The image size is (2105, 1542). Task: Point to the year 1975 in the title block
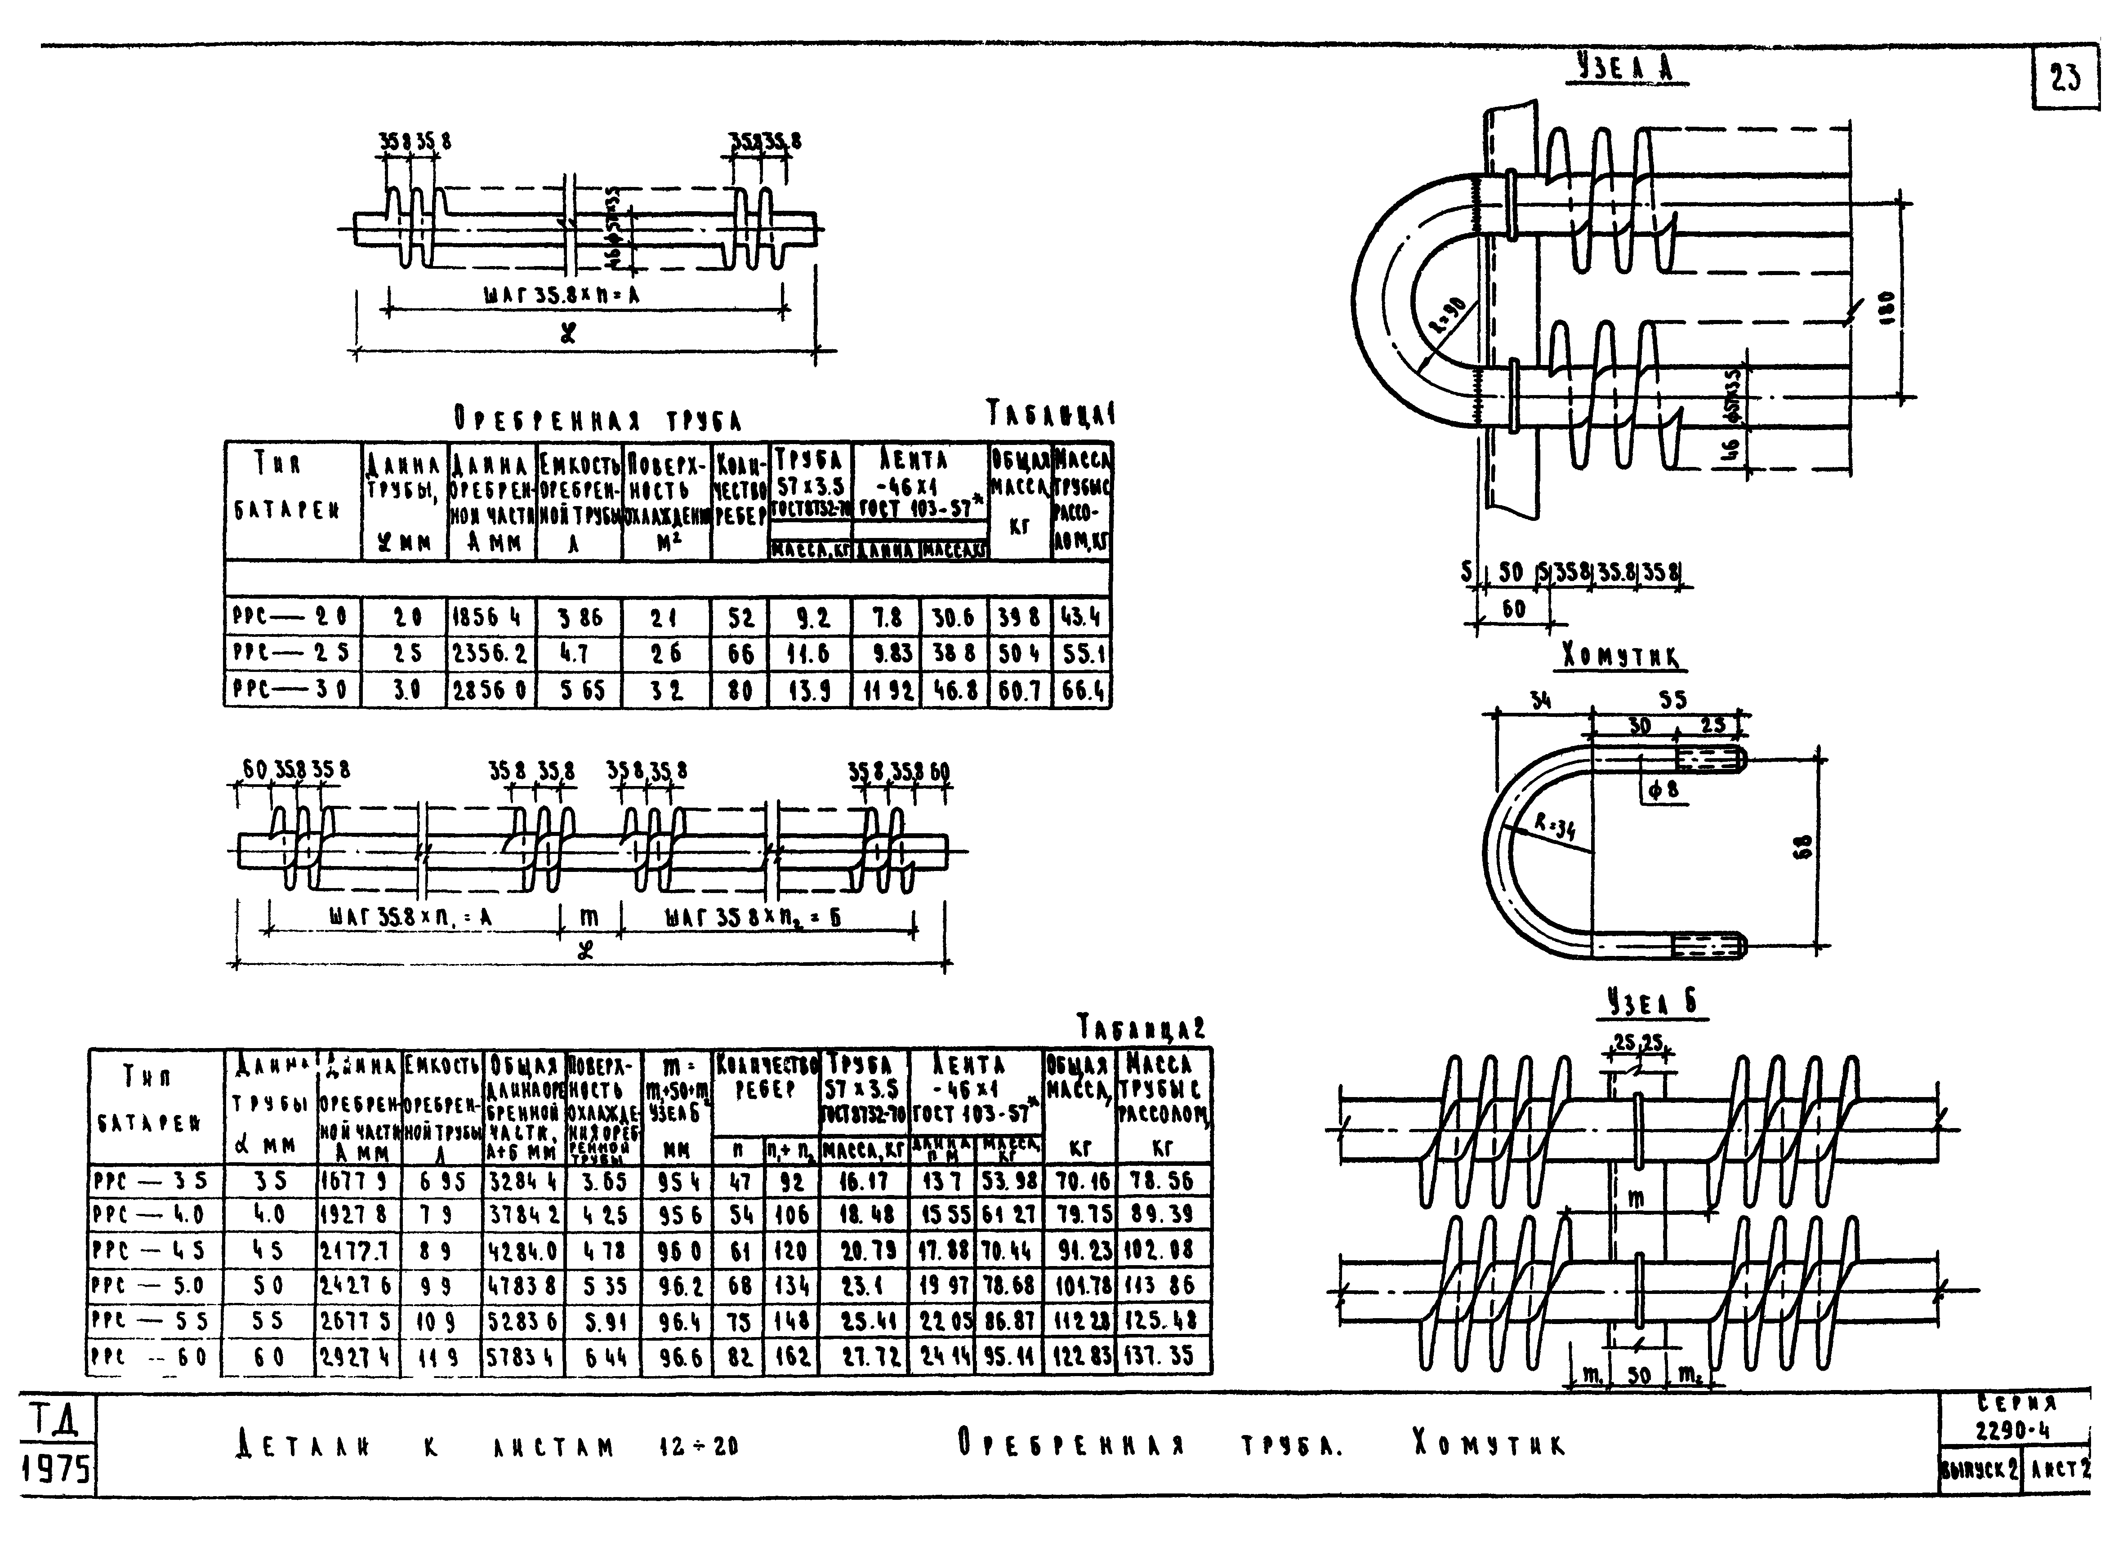56,1470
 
